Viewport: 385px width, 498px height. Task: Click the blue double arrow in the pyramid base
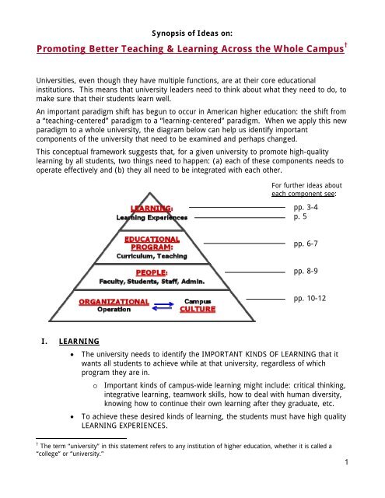tap(160, 303)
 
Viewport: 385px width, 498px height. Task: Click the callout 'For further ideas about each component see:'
tap(309, 190)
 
